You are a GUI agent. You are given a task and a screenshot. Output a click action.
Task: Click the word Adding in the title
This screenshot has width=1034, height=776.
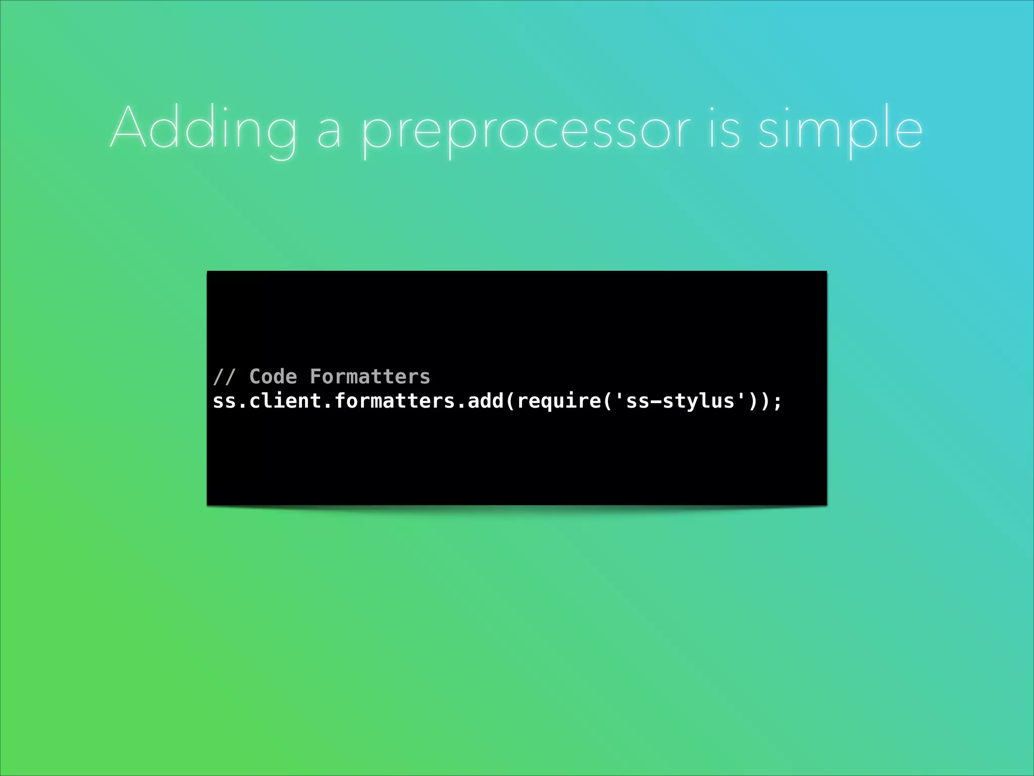coord(203,129)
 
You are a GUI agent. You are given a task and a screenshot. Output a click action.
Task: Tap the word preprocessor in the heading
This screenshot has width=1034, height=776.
coord(525,131)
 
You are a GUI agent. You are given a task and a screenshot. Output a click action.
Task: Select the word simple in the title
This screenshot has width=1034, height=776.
coord(840,129)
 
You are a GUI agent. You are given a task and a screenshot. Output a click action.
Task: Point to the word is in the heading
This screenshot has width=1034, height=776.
coord(725,129)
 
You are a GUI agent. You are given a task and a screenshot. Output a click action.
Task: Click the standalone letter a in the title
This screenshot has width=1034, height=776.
coord(329,132)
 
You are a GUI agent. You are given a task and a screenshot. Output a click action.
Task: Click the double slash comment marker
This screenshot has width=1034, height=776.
coord(224,377)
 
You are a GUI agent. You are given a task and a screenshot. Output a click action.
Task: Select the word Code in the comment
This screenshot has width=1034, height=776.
coord(273,377)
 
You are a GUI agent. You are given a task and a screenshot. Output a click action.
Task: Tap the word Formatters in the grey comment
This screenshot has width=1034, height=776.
coord(370,377)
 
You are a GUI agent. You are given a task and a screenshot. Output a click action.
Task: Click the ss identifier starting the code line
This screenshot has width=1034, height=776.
coord(224,402)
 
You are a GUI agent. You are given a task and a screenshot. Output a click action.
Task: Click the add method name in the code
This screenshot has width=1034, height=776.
coord(485,401)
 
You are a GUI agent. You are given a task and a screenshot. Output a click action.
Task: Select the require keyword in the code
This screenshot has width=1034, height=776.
coord(558,402)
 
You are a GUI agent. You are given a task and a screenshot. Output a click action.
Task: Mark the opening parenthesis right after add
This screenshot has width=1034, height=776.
coord(510,402)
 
